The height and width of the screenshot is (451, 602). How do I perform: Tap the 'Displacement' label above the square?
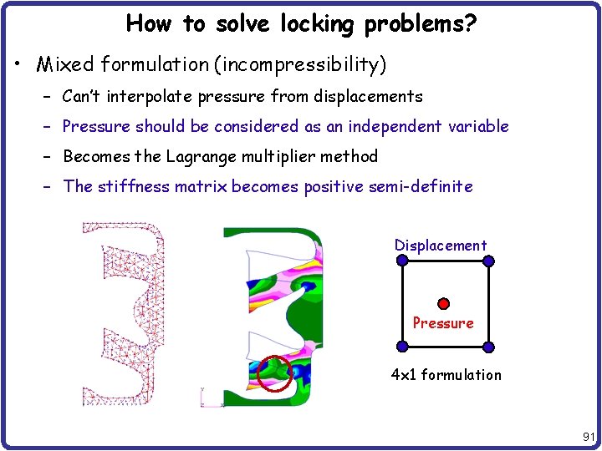pyautogui.click(x=441, y=246)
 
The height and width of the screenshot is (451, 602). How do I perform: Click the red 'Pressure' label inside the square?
pyautogui.click(x=443, y=323)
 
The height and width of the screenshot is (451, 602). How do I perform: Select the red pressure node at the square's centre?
pyautogui.click(x=444, y=303)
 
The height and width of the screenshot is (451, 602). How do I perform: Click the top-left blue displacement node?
pyautogui.click(x=402, y=261)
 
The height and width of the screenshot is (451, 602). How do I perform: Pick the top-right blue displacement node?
pyautogui.click(x=489, y=261)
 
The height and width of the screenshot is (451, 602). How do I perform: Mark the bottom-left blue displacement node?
pyautogui.click(x=402, y=347)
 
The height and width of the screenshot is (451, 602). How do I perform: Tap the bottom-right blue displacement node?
pyautogui.click(x=489, y=347)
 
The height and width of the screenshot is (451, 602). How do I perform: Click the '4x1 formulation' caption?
pyautogui.click(x=446, y=375)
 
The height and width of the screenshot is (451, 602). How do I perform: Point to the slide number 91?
pyautogui.click(x=587, y=436)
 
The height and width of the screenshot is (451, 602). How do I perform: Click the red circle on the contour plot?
pyautogui.click(x=274, y=373)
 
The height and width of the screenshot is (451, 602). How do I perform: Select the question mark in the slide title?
pyautogui.click(x=472, y=24)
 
